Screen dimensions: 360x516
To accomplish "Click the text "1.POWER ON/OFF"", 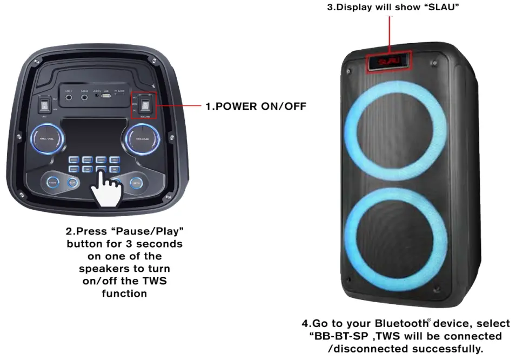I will tap(256, 106).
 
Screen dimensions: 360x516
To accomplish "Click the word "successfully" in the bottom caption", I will tap(453, 349).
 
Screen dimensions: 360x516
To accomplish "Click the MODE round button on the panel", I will tap(52, 183).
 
